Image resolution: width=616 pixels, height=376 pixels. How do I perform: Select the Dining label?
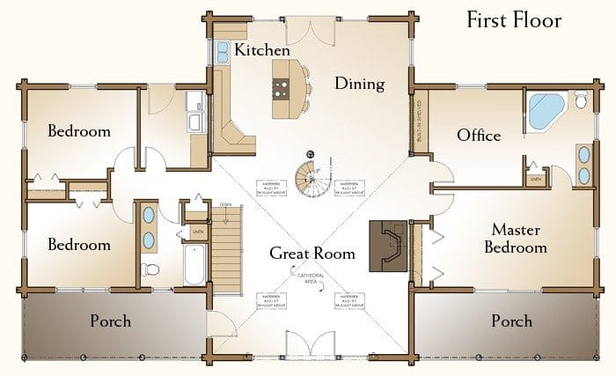coord(360,85)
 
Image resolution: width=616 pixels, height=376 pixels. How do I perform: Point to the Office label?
coord(479,136)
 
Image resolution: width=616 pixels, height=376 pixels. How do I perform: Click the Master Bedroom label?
coord(518,239)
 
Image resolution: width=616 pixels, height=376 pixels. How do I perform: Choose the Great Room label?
coord(312,254)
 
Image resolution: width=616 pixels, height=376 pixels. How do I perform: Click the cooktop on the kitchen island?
coord(282,86)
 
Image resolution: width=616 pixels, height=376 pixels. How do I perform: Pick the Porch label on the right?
coord(511,321)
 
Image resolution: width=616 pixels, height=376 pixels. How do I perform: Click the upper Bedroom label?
coord(79,132)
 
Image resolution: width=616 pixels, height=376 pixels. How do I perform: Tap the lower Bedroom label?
coord(79,244)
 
